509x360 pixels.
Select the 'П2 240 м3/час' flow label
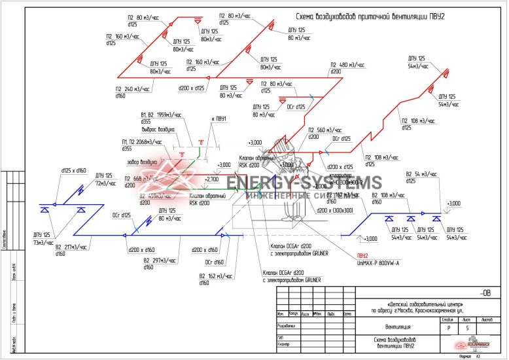[x=132, y=89]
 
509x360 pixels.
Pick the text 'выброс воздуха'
[x=157, y=130]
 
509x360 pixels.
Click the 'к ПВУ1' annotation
[x=219, y=119]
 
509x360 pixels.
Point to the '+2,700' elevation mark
[x=212, y=178]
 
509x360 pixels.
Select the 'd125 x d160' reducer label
[x=73, y=171]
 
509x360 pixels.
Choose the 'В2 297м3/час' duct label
[x=160, y=260]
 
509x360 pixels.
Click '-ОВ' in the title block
[x=485, y=293]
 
